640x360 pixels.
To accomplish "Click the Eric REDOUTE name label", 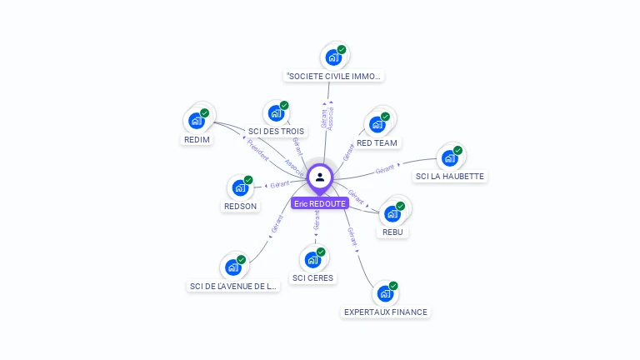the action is click(320, 203).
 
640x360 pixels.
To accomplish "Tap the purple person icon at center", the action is click(320, 177).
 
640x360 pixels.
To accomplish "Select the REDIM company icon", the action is click(197, 121).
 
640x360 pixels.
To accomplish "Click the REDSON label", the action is click(241, 206).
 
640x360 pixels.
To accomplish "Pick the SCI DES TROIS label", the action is click(277, 132).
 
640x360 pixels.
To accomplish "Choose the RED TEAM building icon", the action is click(377, 125).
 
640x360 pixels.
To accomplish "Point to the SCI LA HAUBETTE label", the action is click(450, 176).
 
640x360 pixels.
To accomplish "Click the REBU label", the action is click(392, 232).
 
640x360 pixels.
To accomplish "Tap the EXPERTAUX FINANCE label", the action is click(385, 312).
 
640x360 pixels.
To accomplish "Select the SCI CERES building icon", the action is click(312, 258).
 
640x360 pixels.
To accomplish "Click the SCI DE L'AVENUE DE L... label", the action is click(232, 286).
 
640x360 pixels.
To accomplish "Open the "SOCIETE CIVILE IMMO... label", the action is click(333, 76).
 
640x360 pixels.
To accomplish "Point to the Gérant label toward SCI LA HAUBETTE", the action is click(385, 169).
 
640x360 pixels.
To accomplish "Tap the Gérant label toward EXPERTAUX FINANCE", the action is click(352, 236).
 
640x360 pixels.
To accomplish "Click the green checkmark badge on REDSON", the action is click(248, 180).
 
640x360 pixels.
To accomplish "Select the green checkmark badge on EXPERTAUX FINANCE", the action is click(393, 286).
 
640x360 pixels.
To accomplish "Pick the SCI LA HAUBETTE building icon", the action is click(450, 157).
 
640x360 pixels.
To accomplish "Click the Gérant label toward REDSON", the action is click(279, 184).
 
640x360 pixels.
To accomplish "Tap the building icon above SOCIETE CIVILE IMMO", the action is click(333, 57).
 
